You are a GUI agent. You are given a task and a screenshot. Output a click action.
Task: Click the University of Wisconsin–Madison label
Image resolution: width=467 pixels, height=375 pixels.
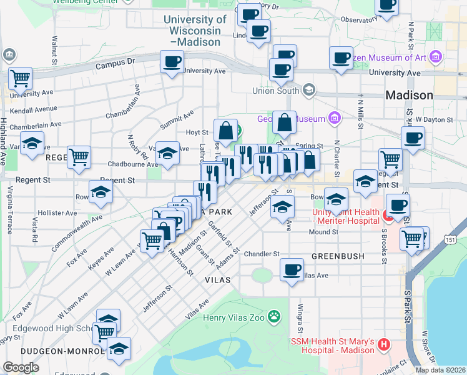192,31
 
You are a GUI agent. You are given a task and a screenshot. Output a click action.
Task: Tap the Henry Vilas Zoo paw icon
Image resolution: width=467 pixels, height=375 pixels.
273,317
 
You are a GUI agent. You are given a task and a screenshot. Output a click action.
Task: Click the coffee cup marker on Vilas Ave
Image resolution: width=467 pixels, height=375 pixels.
292,270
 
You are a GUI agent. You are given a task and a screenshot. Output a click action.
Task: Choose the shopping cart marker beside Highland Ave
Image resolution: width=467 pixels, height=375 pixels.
20,79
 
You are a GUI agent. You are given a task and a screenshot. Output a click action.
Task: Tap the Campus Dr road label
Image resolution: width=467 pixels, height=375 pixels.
116,62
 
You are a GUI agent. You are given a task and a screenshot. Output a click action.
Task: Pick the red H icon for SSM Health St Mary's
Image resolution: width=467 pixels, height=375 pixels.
385,344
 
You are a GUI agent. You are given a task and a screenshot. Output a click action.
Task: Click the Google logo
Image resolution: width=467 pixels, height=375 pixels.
21,367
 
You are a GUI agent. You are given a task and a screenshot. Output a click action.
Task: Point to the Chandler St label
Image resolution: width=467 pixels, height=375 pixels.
262,254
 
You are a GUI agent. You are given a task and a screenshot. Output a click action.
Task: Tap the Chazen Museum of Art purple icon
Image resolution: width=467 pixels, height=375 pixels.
436,58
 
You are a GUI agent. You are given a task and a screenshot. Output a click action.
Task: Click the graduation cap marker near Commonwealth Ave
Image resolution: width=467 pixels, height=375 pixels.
101,192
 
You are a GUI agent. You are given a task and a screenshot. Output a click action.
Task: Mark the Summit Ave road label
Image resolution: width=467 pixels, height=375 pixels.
177,117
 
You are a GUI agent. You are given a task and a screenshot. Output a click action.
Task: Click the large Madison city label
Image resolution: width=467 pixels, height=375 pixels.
409,96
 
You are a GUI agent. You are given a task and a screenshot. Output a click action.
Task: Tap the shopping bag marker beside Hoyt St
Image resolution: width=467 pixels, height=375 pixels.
225,131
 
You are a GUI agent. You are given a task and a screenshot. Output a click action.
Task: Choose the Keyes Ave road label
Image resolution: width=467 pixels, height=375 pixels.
101,257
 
